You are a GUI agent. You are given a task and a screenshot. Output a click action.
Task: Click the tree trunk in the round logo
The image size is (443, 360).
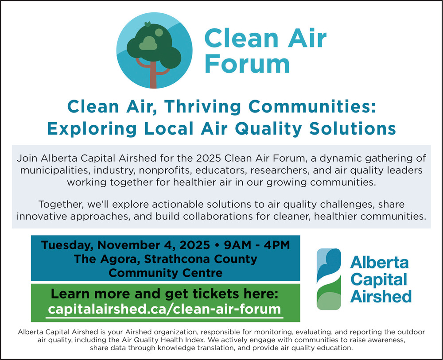[x=153, y=75]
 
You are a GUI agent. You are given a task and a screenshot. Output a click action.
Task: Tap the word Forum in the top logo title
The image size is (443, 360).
[x=247, y=64]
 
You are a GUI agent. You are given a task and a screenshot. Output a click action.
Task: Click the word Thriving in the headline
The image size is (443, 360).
[x=203, y=107]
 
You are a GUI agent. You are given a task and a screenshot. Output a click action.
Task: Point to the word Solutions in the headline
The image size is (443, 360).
[x=353, y=129]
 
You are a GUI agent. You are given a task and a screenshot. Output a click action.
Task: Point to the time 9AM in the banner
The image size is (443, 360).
[x=237, y=245]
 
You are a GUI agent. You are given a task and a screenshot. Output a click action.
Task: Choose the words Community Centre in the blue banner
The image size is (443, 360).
[x=166, y=273]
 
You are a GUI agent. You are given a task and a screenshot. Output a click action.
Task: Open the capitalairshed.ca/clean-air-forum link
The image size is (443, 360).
[x=164, y=309]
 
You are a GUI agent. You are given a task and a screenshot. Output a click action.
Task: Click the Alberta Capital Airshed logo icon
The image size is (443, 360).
[x=329, y=279]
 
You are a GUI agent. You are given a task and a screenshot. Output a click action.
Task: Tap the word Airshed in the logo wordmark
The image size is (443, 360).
[x=381, y=297]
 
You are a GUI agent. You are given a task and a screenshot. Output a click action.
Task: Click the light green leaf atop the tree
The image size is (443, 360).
[x=147, y=24]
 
